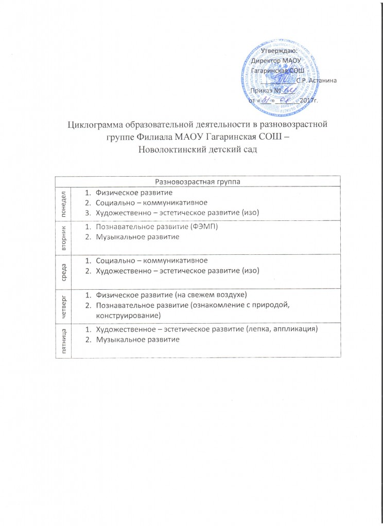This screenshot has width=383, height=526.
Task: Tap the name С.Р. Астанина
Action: (x=317, y=79)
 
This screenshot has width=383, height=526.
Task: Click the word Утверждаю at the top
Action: (x=278, y=50)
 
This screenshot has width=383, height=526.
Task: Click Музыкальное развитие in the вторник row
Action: (x=133, y=237)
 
